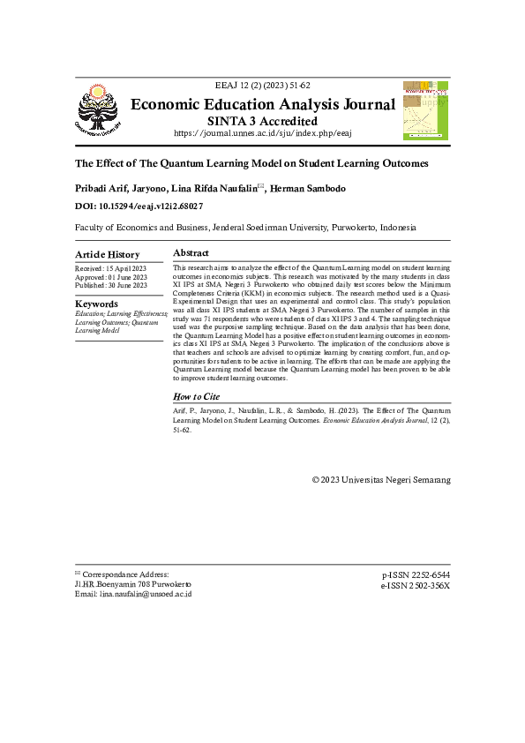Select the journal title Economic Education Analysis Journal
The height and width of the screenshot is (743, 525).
coord(262,105)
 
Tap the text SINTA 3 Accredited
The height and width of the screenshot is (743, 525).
coord(262,121)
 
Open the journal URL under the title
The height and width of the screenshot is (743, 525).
coord(262,133)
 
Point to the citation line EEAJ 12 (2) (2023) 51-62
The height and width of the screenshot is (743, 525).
coord(262,86)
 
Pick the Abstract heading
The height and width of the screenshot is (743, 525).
coord(191,252)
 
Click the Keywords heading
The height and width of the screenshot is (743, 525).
coord(96,304)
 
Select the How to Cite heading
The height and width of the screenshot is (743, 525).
coord(196,398)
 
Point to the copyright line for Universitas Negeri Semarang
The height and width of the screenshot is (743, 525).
coord(381,480)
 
